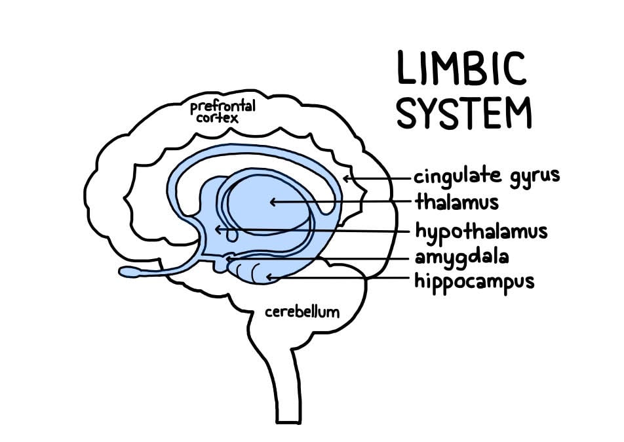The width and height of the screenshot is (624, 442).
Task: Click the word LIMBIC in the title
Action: (461, 68)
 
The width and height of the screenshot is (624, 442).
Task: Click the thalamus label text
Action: (456, 202)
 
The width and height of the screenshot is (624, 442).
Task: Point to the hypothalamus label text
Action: (481, 231)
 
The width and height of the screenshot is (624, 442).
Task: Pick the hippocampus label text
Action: (475, 281)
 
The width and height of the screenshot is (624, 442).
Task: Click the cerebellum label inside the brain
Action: (302, 311)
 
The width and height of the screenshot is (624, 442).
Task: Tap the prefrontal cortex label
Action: (222, 111)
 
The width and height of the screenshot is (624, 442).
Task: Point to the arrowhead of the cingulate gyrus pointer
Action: (346, 178)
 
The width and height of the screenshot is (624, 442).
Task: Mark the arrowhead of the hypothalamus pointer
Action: (218, 229)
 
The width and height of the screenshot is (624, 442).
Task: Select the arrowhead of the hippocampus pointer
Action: (269, 278)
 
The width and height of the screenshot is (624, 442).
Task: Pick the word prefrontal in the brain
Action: (222, 106)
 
